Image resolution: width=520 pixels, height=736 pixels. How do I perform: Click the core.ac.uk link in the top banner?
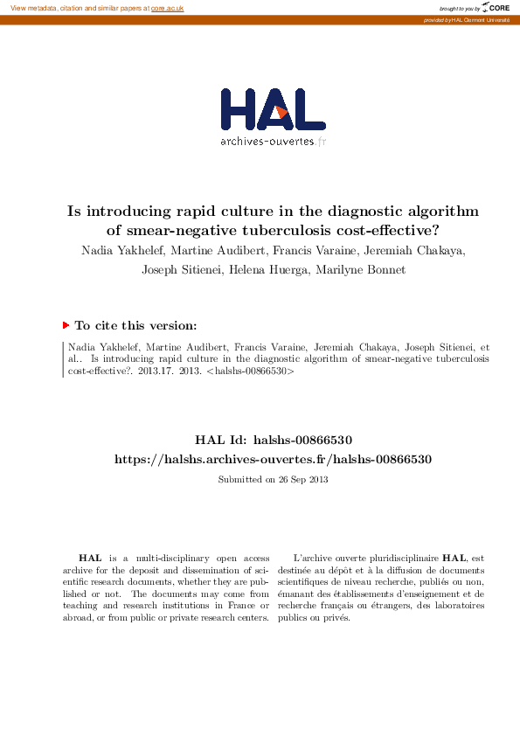(x=167, y=8)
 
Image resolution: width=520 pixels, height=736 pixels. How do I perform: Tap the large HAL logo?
(x=274, y=110)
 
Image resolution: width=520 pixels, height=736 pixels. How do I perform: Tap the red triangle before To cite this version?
(x=66, y=325)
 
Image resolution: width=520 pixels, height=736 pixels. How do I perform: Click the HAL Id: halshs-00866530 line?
(x=273, y=440)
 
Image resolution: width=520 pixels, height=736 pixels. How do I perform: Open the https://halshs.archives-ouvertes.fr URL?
(x=273, y=459)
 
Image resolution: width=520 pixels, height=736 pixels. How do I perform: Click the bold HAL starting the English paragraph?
(x=89, y=558)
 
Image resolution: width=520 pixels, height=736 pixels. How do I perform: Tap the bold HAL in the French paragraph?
(x=454, y=558)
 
